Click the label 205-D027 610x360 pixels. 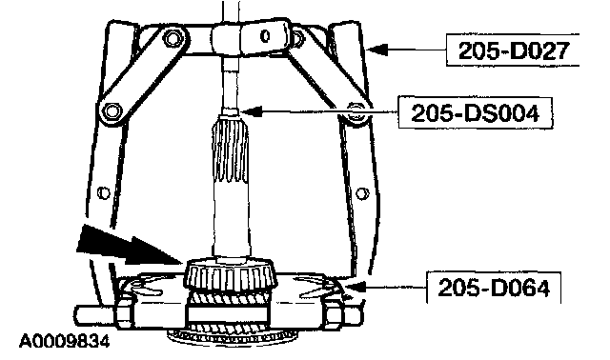[x=514, y=50]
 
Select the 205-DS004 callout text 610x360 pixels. [x=475, y=113]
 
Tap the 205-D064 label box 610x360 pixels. [x=494, y=288]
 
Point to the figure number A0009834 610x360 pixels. [x=65, y=341]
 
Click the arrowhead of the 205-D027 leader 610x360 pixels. [x=376, y=50]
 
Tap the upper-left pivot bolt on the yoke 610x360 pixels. [x=172, y=38]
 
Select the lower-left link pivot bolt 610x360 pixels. [x=112, y=110]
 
